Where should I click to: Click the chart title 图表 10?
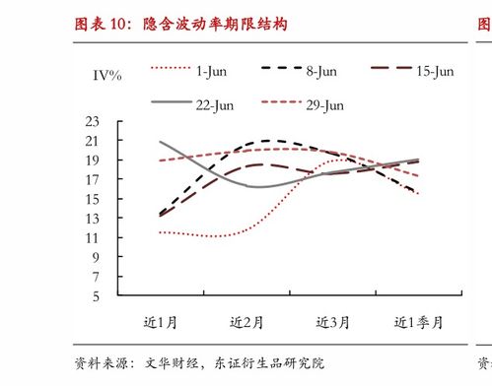click(181, 23)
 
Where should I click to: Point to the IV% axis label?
click(107, 76)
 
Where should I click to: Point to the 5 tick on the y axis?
click(96, 295)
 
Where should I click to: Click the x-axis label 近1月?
click(162, 322)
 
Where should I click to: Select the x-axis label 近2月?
click(247, 322)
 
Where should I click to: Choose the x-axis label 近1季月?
click(419, 322)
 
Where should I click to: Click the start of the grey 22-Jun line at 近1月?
click(161, 142)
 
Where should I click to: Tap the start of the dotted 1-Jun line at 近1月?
click(161, 232)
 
